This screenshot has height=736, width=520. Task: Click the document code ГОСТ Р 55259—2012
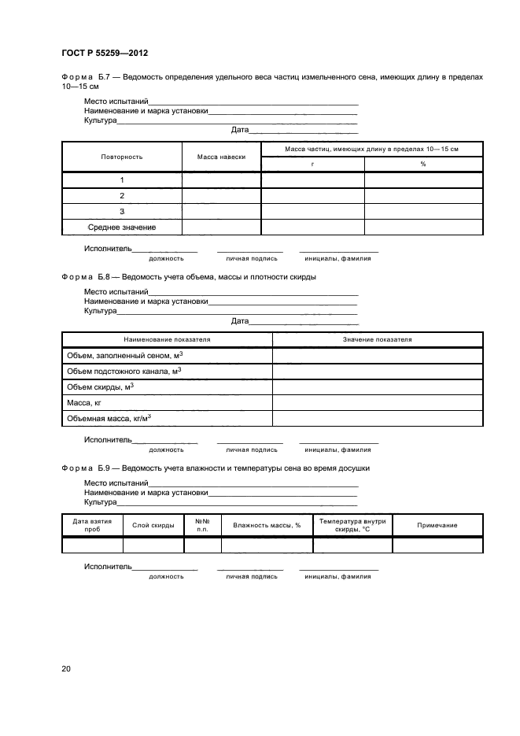tap(104, 53)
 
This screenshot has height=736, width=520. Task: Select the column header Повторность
tap(122, 157)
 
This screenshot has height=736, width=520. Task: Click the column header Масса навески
tap(221, 157)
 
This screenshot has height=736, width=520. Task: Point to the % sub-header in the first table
tap(422, 164)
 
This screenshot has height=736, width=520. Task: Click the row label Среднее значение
tap(122, 227)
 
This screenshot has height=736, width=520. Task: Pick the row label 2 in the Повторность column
tap(122, 195)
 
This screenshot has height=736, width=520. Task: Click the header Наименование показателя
tap(167, 339)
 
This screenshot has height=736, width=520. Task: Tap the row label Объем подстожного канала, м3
tap(124, 371)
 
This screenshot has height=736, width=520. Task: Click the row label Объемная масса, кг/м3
tap(109, 419)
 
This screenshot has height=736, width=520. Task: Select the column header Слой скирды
tap(153, 525)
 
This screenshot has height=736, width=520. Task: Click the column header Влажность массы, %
tap(267, 525)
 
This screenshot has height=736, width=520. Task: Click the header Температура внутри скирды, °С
tap(352, 525)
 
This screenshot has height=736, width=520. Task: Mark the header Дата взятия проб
tap(92, 525)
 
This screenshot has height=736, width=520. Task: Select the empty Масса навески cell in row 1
tap(221, 179)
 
